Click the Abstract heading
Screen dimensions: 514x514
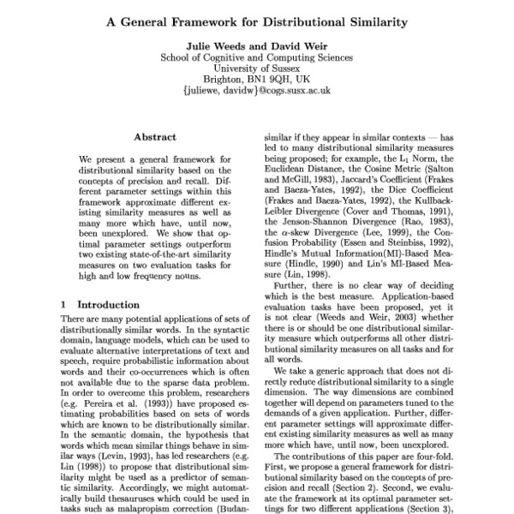(x=155, y=137)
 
